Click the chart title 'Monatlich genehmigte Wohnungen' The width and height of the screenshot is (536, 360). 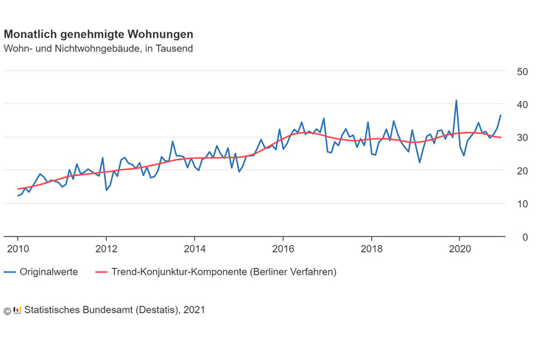pyautogui.click(x=99, y=34)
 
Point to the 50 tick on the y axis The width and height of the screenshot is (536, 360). pyautogui.click(x=521, y=72)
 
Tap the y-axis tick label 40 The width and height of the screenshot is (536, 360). pyautogui.click(x=521, y=105)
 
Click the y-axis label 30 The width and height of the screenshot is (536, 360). pyautogui.click(x=521, y=138)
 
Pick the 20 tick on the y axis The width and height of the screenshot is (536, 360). pyautogui.click(x=521, y=171)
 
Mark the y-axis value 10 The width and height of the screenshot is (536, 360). pyautogui.click(x=521, y=204)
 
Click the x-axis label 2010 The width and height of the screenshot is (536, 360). pyautogui.click(x=18, y=249)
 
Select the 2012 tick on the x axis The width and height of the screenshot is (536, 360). pyautogui.click(x=106, y=249)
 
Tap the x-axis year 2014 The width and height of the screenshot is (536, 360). pyautogui.click(x=194, y=249)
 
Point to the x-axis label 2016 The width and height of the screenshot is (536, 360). pyautogui.click(x=283, y=249)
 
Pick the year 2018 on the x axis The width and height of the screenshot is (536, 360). pyautogui.click(x=372, y=249)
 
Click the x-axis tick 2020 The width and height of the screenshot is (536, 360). pyautogui.click(x=459, y=249)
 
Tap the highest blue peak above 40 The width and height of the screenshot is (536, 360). pyautogui.click(x=456, y=100)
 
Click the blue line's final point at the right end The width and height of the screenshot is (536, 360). pyautogui.click(x=501, y=116)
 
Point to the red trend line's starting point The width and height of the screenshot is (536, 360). pyautogui.click(x=18, y=189)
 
